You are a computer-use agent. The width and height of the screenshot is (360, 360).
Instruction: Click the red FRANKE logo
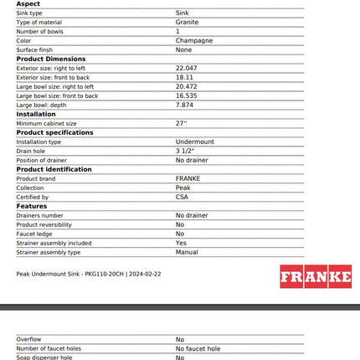[316, 276]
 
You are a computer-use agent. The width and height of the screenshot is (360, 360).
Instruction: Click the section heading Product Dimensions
[51, 59]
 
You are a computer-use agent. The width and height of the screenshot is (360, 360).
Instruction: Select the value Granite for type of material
[187, 23]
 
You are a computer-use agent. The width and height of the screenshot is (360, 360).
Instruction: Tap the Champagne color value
[193, 40]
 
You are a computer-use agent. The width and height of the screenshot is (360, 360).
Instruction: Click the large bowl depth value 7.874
[184, 105]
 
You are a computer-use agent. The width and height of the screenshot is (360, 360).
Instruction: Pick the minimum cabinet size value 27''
[181, 123]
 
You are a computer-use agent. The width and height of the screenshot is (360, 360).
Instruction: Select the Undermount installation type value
[194, 141]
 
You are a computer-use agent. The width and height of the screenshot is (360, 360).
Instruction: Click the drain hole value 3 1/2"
[185, 151]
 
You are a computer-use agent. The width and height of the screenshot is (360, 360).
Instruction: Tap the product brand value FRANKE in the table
[188, 178]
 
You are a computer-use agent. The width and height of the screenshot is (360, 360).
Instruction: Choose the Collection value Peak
[183, 188]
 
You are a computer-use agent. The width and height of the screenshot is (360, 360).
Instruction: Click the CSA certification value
[182, 197]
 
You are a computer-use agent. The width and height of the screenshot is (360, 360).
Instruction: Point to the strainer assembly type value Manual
[187, 252]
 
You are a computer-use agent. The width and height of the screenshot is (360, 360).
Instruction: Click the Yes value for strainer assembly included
[181, 243]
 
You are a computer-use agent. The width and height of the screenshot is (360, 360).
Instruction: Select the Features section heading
[32, 206]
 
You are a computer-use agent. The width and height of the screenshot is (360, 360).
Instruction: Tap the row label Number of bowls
[39, 31]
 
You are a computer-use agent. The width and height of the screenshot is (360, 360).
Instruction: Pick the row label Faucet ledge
[36, 234]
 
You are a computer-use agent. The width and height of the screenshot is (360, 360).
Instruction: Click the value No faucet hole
[198, 348]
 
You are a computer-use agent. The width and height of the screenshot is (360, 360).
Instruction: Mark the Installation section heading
[36, 114]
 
